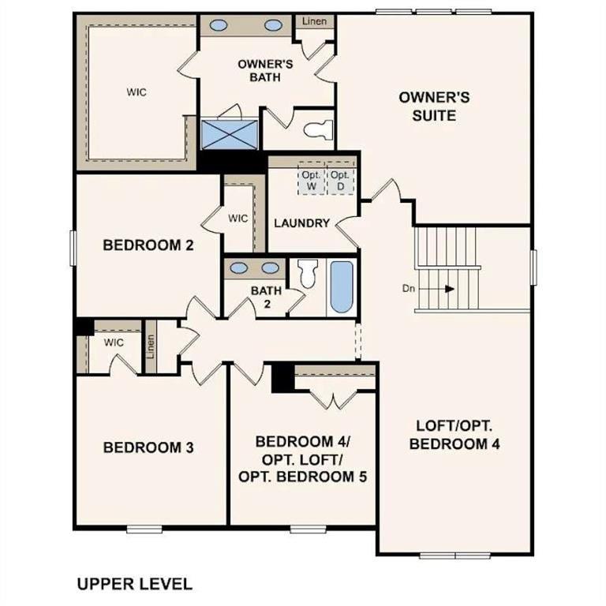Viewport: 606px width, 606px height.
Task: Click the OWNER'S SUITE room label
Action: click(x=434, y=106)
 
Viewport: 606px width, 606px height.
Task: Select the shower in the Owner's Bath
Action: click(x=230, y=133)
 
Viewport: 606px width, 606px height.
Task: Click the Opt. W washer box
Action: click(x=310, y=180)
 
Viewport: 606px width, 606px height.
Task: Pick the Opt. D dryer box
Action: click(x=340, y=180)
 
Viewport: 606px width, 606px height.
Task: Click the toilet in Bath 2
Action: click(x=307, y=274)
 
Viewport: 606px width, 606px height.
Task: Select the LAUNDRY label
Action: click(x=301, y=223)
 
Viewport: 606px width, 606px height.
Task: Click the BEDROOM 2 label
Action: click(x=148, y=245)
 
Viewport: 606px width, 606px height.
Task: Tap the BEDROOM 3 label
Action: click(x=148, y=447)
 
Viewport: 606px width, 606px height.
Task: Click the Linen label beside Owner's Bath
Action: click(x=315, y=21)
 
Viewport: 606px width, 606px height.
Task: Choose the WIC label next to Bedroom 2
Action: click(x=238, y=217)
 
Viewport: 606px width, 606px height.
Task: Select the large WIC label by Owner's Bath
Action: click(x=137, y=92)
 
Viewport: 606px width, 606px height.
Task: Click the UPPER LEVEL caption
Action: click(x=133, y=585)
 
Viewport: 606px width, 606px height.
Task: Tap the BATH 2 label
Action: click(x=266, y=297)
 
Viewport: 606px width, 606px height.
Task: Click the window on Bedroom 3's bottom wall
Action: click(x=144, y=529)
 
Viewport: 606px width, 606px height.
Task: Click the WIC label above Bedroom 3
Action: click(x=114, y=342)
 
